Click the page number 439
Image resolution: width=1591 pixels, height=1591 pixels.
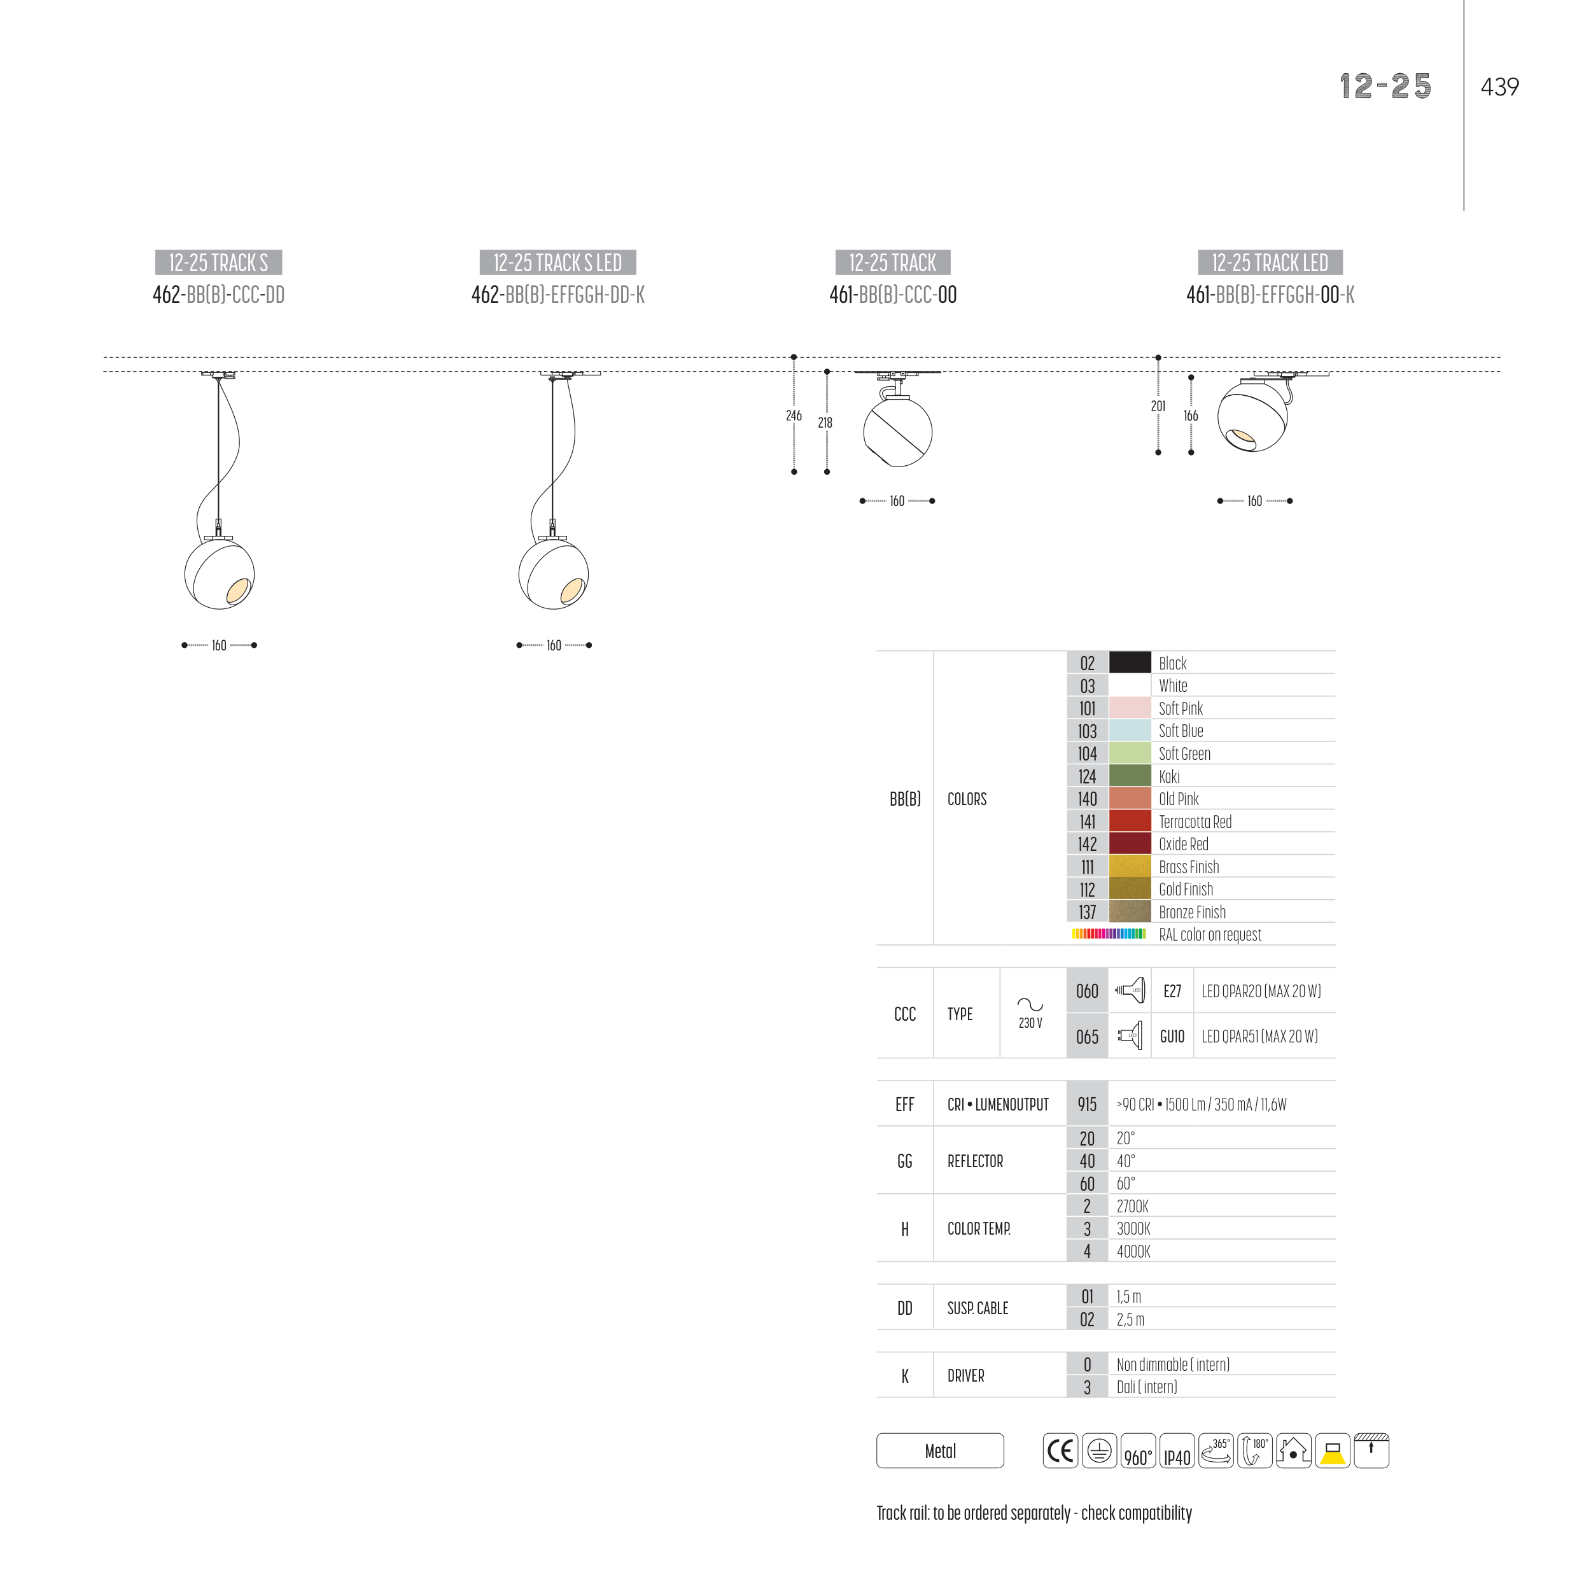[x=1499, y=87]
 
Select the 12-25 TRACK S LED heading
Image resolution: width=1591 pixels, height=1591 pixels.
[x=557, y=263]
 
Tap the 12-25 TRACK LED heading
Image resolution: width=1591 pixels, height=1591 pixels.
[x=1270, y=263]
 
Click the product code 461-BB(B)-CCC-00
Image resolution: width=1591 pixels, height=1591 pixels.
[x=893, y=295]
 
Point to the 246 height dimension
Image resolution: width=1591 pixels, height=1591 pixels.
[x=794, y=416]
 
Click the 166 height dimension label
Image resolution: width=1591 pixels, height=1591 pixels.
[x=1191, y=416]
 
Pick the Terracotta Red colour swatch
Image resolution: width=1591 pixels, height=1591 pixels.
[x=1130, y=821]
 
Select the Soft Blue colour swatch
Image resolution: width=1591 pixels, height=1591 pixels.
[x=1130, y=731]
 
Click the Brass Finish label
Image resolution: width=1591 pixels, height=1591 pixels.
[x=1188, y=867]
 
